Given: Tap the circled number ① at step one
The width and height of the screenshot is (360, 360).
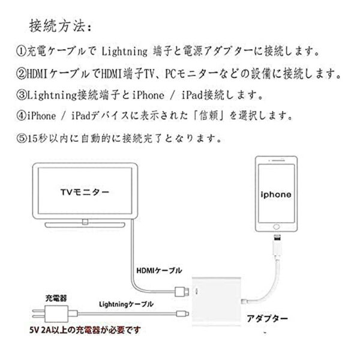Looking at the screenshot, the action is point(21,51).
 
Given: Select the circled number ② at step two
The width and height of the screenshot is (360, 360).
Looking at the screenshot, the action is point(21,74).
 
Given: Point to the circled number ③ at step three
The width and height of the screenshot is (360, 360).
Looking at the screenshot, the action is point(21,95).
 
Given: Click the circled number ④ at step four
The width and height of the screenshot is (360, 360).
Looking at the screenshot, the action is point(21,115).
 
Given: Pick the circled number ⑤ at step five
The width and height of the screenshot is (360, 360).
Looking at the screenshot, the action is point(21,138).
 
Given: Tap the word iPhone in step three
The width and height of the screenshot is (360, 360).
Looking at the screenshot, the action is point(148,95).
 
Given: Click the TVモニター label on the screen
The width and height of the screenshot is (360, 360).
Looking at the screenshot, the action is point(85,192).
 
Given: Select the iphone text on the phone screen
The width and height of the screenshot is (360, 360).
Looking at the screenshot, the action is point(276,194).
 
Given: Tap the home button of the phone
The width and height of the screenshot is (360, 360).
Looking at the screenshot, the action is point(277,227).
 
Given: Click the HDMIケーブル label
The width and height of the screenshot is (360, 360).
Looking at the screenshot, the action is point(159,271).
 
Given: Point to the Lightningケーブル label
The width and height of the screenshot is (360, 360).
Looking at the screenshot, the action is point(126,304).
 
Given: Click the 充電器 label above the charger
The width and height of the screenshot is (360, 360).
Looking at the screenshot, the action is point(56,298).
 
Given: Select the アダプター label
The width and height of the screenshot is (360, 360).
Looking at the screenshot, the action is point(267,319).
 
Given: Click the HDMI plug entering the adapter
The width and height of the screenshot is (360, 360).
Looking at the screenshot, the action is point(182,292).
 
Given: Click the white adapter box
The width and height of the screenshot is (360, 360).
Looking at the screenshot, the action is point(216,301).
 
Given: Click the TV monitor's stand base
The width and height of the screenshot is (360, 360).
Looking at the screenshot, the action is point(85,224).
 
